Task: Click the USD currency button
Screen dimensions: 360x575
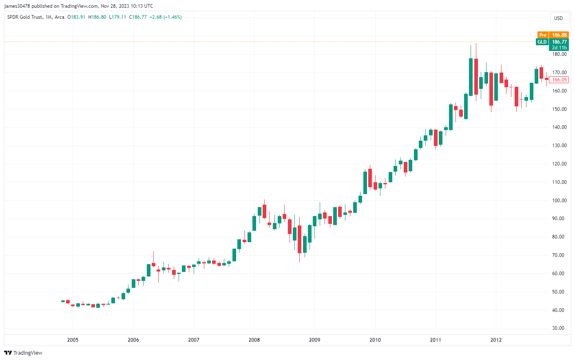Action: pos(558,18)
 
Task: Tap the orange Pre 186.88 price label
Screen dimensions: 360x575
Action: pos(553,35)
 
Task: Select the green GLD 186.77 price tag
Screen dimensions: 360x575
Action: pos(553,42)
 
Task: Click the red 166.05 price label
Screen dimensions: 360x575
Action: pos(559,80)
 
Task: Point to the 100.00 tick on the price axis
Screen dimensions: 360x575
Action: pos(559,200)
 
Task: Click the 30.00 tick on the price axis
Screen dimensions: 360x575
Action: pos(559,328)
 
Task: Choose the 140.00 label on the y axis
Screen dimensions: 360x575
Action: pos(559,127)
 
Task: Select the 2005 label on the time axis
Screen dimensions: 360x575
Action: pos(73,340)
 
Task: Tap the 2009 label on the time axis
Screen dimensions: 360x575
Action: pos(314,340)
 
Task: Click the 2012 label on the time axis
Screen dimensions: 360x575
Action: pos(496,340)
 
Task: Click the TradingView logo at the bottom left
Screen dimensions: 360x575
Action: pos(23,353)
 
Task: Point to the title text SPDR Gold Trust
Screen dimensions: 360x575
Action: pos(25,17)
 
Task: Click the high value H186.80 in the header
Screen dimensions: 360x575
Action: pos(97,17)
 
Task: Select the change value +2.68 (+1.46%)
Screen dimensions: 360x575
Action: pos(166,17)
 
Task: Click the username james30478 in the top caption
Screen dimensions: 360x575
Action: pos(17,6)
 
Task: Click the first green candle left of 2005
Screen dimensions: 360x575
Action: pos(63,301)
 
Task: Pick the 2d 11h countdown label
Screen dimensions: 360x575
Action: pos(559,48)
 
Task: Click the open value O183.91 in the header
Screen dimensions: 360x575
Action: pos(76,17)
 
